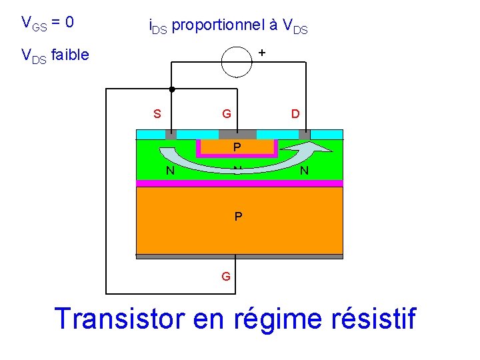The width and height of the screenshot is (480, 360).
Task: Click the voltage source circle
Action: click(237, 62)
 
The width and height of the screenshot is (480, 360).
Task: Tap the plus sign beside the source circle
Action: click(262, 51)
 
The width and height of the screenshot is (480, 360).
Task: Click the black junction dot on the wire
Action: click(171, 89)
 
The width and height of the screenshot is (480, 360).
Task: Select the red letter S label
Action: click(157, 114)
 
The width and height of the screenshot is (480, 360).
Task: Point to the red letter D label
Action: click(295, 114)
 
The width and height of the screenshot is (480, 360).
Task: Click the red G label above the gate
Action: click(227, 114)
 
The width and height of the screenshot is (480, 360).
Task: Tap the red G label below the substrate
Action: click(227, 275)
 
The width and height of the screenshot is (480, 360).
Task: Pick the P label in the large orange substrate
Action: click(237, 217)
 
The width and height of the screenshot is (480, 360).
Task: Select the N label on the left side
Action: click(171, 171)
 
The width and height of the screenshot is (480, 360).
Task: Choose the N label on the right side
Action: click(304, 171)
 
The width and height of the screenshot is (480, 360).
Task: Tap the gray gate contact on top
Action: click(237, 134)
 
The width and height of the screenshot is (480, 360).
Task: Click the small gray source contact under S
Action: click(171, 134)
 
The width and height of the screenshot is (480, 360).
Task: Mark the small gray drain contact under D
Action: click(304, 134)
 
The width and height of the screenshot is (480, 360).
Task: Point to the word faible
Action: click(69, 55)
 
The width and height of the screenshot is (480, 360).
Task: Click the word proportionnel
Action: click(221, 26)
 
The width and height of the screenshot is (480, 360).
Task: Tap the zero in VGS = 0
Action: click(69, 23)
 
